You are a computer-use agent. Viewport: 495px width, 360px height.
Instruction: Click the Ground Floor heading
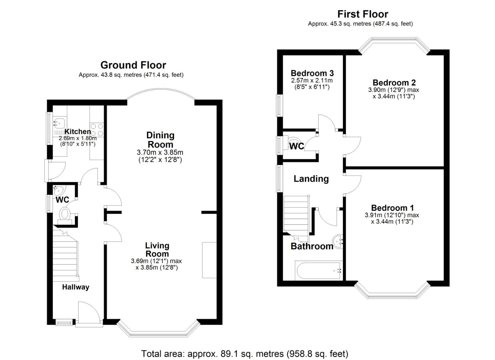[133, 65]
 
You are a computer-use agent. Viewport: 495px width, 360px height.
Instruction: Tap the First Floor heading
[362, 14]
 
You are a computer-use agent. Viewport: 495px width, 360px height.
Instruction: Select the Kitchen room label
[77, 131]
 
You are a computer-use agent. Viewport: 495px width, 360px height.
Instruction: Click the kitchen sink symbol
[57, 123]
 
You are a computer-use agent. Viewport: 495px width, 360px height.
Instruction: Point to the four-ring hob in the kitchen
[97, 130]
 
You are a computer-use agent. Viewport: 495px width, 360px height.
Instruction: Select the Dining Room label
[160, 140]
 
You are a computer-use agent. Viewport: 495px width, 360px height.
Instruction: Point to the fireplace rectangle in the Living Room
[209, 260]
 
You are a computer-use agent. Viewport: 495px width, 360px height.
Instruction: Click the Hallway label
[76, 287]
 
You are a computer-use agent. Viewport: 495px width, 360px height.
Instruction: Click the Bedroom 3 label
[312, 73]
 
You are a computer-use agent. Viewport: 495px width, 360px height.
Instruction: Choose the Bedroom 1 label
[392, 208]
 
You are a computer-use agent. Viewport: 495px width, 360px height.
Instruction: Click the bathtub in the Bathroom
[318, 270]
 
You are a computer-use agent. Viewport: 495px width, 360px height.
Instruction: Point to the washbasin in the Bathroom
[338, 241]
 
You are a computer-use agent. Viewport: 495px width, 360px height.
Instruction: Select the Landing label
[311, 179]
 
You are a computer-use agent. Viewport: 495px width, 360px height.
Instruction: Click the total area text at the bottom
[245, 353]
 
